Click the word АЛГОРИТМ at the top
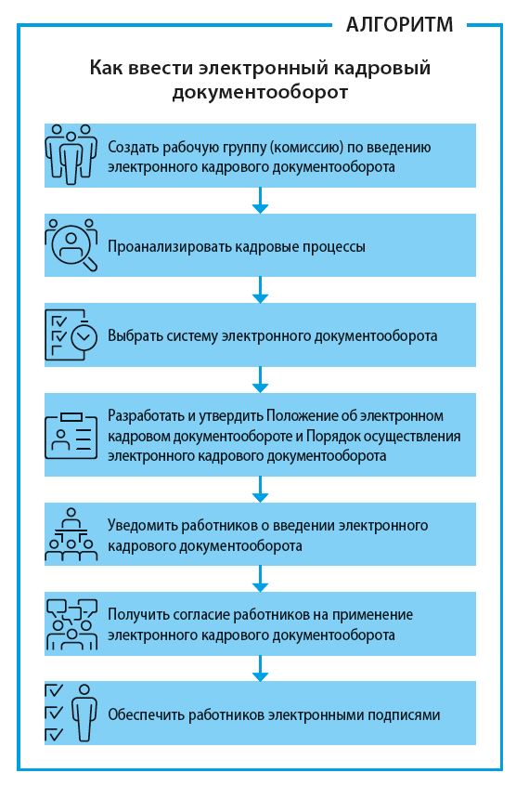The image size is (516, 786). click(399, 24)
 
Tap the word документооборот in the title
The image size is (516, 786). click(260, 92)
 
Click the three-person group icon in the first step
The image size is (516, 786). click(71, 155)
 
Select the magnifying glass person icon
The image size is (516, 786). click(71, 245)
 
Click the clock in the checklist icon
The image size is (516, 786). click(84, 337)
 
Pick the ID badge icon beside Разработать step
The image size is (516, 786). click(71, 436)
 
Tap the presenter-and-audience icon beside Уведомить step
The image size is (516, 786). click(71, 534)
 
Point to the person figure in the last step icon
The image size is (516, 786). click(84, 713)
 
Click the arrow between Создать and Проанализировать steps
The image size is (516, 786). click(260, 201)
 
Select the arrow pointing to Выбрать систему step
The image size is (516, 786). click(260, 290)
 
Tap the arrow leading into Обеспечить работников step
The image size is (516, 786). click(260, 668)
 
